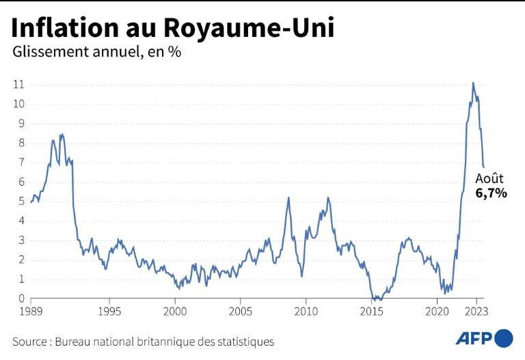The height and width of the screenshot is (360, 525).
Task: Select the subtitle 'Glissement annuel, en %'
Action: coord(96,52)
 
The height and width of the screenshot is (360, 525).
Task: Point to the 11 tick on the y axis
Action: coord(19,85)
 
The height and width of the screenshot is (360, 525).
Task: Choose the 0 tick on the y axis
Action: coord(22,299)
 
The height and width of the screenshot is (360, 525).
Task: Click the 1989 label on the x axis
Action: coord(31,311)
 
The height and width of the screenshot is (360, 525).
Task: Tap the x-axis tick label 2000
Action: coord(175,311)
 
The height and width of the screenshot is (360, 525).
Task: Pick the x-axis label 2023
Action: coord(476,311)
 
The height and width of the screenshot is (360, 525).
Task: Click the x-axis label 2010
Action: coord(306,311)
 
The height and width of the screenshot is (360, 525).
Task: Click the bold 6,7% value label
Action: coord(491,193)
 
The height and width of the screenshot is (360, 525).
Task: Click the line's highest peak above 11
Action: coord(472,83)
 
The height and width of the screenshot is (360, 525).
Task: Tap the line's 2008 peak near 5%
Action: coord(288,197)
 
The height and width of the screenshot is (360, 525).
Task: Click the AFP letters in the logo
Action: coord(473,338)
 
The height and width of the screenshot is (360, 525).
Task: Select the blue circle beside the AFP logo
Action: coord(503,338)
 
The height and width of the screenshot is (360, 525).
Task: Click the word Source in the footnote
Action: coord(31,341)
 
